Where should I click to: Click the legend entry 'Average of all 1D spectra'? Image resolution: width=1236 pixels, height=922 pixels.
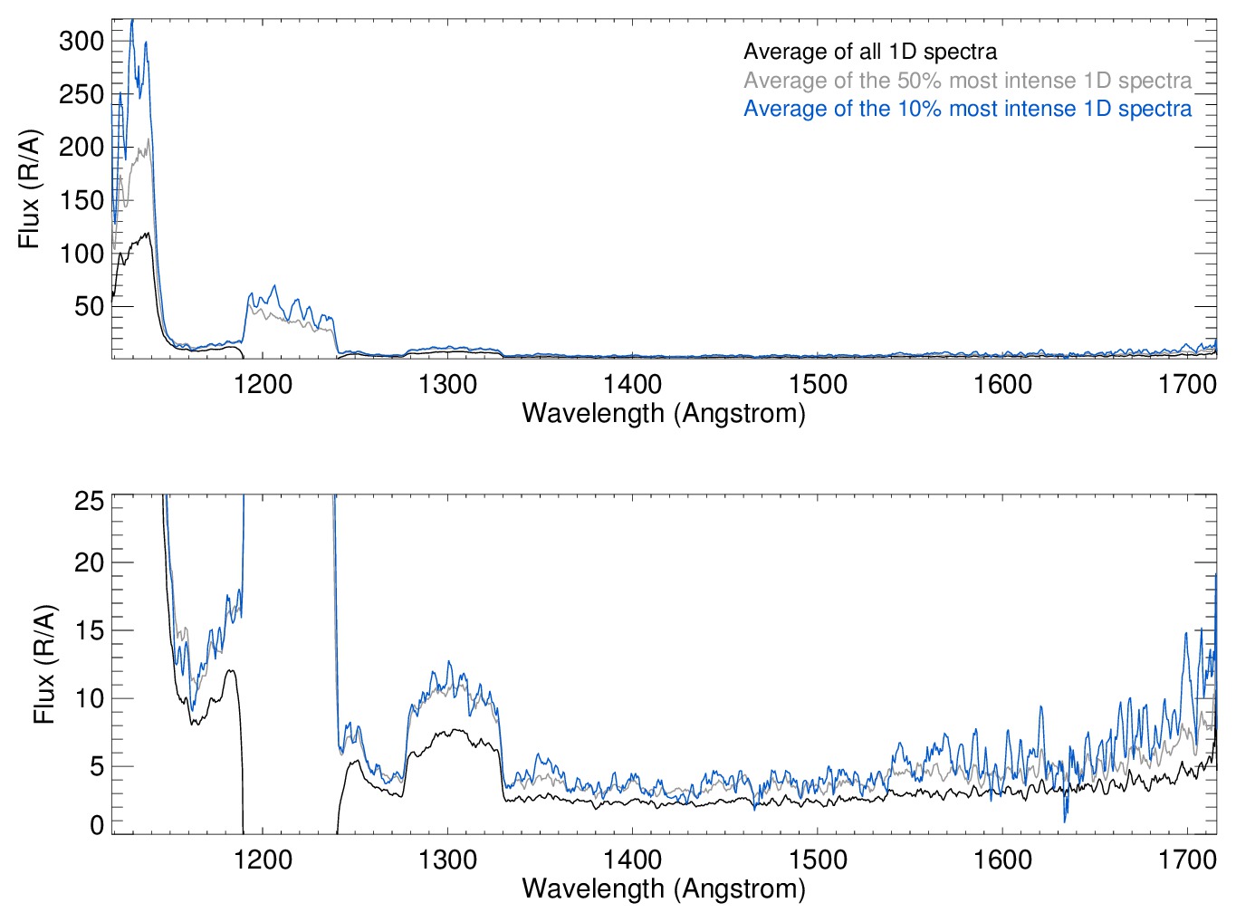(869, 53)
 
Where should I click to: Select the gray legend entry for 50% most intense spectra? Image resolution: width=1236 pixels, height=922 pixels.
(967, 81)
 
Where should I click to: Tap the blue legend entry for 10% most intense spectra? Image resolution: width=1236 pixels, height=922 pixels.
(967, 109)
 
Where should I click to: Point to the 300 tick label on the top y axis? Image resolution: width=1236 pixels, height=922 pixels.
(81, 41)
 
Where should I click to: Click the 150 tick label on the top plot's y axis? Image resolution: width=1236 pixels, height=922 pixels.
(81, 200)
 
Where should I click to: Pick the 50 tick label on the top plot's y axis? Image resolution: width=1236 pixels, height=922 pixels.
(88, 306)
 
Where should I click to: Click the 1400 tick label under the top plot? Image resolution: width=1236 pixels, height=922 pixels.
(632, 385)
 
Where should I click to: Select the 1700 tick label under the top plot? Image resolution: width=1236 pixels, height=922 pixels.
(1186, 385)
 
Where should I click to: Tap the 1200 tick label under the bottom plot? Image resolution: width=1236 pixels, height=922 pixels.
(263, 860)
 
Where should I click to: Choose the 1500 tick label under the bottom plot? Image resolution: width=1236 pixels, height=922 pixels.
(818, 860)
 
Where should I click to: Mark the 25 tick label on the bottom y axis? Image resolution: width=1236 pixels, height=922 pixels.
(89, 501)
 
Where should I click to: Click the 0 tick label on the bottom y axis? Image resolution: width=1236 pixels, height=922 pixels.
(97, 825)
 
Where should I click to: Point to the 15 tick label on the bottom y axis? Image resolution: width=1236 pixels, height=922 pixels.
(89, 630)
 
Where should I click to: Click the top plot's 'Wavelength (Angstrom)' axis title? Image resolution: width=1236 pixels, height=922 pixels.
(664, 414)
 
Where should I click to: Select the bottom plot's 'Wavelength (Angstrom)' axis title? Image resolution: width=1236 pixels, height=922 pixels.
(664, 888)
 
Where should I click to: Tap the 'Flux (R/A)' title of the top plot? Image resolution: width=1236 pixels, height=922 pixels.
(29, 189)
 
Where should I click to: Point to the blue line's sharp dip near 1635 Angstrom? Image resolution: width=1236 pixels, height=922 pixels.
(1065, 820)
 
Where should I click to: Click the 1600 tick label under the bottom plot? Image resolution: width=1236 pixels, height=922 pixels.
(1002, 860)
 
